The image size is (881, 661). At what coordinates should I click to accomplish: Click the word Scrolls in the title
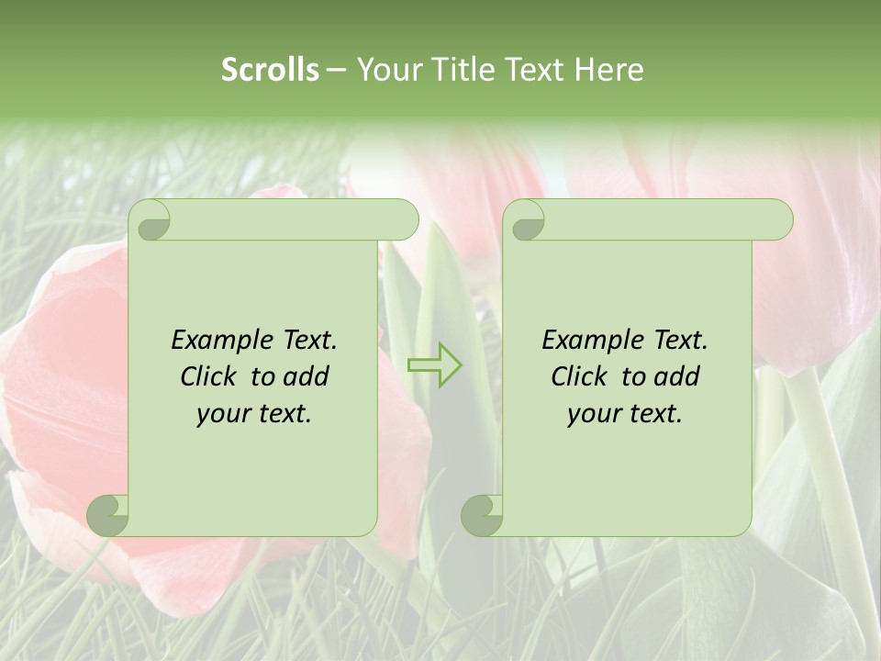(270, 70)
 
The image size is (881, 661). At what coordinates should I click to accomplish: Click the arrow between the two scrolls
(435, 364)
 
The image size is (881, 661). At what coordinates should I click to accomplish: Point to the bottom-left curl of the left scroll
(109, 515)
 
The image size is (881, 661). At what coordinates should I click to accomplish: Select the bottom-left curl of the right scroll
(483, 515)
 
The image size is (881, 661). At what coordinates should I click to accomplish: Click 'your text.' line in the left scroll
(254, 414)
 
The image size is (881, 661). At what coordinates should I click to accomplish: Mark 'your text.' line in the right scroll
(625, 414)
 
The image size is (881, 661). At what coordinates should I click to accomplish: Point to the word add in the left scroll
(307, 376)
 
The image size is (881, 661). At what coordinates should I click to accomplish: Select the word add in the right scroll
(678, 376)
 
